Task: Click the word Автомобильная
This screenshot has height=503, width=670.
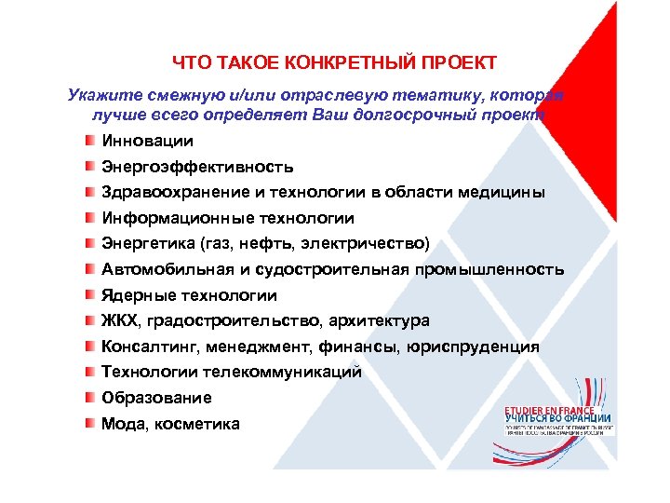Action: [161, 270]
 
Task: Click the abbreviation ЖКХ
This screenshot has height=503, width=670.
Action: [119, 321]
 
